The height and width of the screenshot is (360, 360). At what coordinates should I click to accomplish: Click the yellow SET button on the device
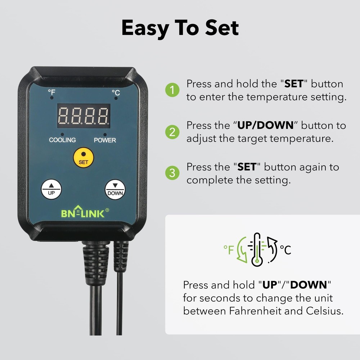[x=83, y=157]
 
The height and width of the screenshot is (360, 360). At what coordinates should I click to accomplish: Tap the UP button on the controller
[x=51, y=189]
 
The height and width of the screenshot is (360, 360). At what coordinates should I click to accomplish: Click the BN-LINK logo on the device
[x=83, y=213]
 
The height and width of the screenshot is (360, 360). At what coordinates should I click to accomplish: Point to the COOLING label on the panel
[x=62, y=140]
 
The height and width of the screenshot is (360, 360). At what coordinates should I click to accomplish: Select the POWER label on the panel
[x=105, y=140]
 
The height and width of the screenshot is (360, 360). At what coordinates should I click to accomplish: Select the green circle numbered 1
[x=172, y=90]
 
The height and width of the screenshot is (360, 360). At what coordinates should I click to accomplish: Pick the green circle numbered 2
[x=172, y=132]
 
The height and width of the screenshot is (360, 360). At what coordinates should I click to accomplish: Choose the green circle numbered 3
[x=172, y=173]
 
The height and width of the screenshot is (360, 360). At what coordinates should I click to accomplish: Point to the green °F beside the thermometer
[x=229, y=249]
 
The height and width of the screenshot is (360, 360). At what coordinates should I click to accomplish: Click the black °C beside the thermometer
[x=285, y=249]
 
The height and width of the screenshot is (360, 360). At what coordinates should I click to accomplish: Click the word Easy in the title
[x=147, y=28]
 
